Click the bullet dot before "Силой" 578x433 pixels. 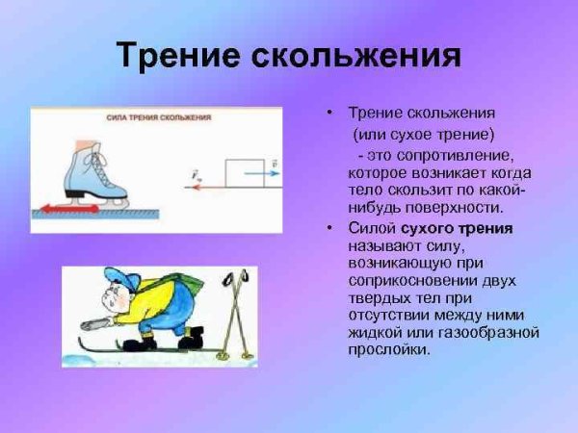click(x=328, y=228)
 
